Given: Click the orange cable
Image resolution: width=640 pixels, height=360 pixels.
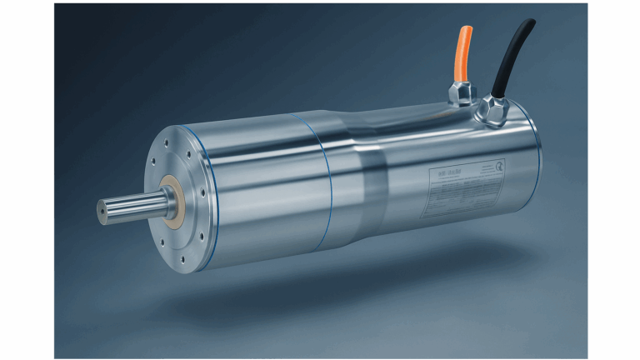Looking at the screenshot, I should click(x=462, y=54).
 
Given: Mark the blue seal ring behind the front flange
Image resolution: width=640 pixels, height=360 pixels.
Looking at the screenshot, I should click(x=211, y=192).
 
